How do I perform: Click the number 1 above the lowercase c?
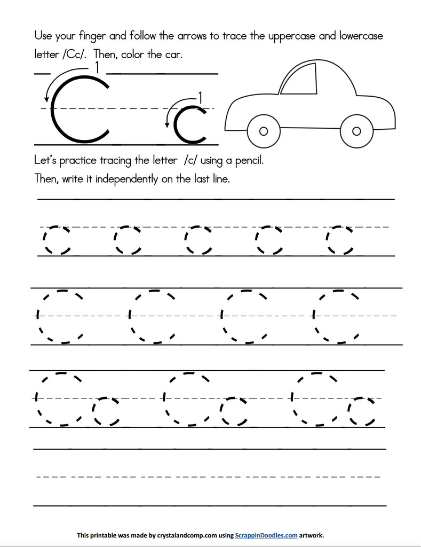200,97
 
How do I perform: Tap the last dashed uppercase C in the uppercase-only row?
337,316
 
